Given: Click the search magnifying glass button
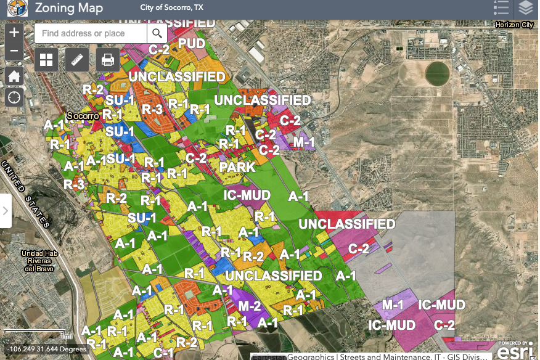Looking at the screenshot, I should (157, 33).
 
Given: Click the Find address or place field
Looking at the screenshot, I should (91, 33).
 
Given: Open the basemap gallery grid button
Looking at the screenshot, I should (46, 60).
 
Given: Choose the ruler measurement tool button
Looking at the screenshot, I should (77, 60).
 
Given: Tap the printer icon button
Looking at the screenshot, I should (108, 60).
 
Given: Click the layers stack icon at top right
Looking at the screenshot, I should (525, 8).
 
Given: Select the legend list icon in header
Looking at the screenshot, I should (501, 8).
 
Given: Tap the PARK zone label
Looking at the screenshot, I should (237, 167).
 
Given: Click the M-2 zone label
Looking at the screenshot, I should (250, 306).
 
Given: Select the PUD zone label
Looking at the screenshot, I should (192, 44).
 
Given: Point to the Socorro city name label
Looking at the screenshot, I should (82, 116).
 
